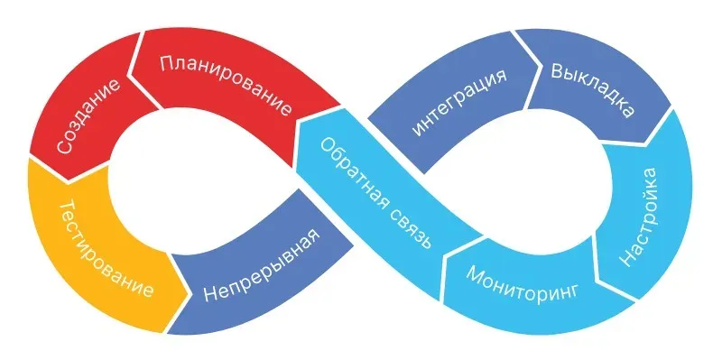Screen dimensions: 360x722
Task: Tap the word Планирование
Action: click(226, 85)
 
